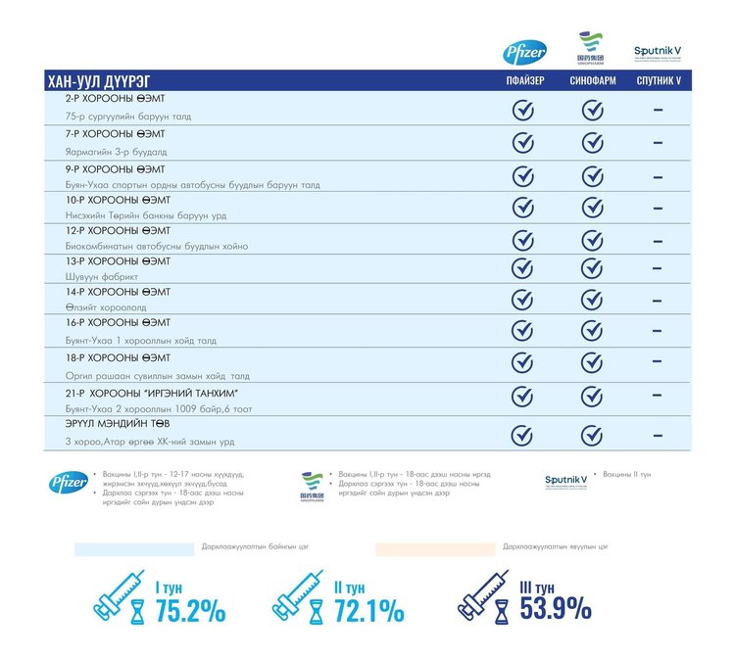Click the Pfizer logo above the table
point(524,53)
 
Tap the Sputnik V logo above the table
point(658,52)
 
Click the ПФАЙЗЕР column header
point(524,81)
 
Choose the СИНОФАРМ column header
point(592,81)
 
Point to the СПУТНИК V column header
point(658,81)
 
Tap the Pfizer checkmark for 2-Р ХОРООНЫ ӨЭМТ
point(524,110)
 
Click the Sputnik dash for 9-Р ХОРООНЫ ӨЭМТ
point(658,175)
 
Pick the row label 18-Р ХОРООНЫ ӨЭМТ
point(118,358)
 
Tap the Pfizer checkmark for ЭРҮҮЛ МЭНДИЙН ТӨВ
point(524,435)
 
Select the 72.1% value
point(368,611)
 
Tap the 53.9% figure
point(556,608)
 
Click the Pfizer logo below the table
point(69,481)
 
